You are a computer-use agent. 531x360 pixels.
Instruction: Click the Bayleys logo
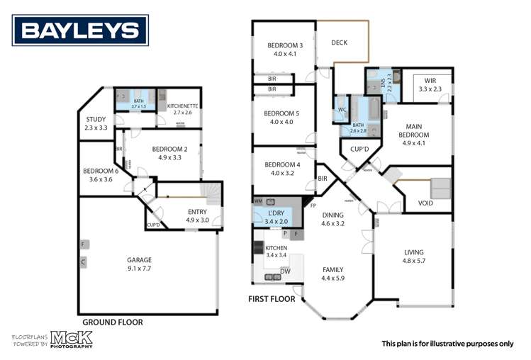(81, 30)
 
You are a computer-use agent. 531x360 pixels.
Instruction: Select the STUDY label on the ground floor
(96, 120)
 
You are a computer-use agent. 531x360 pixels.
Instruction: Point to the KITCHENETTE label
(183, 106)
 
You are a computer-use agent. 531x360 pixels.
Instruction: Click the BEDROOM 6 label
(101, 171)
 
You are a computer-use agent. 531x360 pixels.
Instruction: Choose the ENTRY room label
(198, 212)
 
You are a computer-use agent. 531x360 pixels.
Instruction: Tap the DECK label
(340, 43)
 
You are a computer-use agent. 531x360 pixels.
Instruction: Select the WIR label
(430, 81)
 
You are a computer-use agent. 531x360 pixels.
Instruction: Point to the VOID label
(425, 203)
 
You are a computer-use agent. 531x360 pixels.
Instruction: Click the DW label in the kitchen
(285, 271)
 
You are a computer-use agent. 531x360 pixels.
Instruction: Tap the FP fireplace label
(313, 206)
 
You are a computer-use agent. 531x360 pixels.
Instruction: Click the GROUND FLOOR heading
(113, 322)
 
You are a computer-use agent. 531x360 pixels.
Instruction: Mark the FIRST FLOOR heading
(272, 299)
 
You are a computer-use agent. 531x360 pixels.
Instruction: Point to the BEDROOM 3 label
(285, 46)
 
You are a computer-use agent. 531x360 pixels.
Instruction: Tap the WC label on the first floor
(342, 110)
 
